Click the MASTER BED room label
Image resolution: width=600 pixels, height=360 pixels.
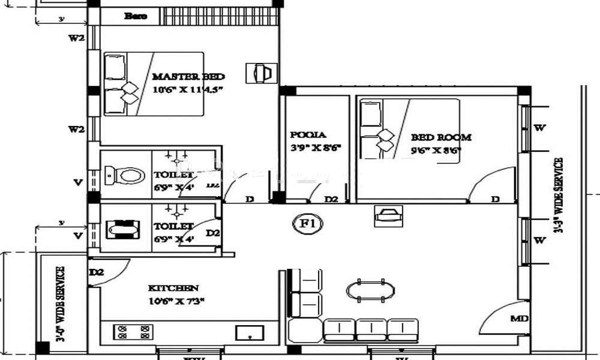[188, 77]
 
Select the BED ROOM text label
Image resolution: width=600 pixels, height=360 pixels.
[441, 137]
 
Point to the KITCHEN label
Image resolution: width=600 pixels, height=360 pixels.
[173, 288]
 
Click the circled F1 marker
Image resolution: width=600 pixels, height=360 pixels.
[308, 224]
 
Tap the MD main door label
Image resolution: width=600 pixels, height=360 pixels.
[520, 319]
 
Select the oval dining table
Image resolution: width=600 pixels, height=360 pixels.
[371, 290]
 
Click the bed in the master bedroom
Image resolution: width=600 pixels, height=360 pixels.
[154, 84]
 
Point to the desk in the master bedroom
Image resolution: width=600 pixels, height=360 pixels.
[261, 73]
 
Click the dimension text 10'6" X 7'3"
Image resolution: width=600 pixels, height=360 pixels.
[177, 301]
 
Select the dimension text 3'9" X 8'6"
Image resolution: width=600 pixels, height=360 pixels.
[311, 148]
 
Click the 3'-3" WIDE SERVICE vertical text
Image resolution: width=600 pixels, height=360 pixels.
[559, 195]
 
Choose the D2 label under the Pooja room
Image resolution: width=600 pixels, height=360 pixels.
[331, 199]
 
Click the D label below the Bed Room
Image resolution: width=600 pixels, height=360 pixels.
[496, 199]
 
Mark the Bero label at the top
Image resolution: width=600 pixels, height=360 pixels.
[135, 16]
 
